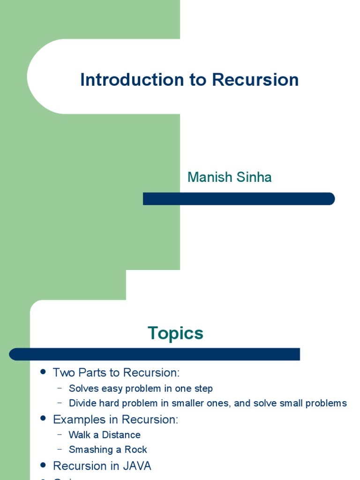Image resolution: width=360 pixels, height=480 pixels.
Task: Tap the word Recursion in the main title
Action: (x=255, y=80)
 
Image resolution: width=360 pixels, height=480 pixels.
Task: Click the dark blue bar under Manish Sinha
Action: (x=239, y=199)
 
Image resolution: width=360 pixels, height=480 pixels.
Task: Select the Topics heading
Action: (x=175, y=333)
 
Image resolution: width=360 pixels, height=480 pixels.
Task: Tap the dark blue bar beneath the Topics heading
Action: (x=155, y=354)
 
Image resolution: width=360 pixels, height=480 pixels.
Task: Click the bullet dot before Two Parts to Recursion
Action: (x=43, y=372)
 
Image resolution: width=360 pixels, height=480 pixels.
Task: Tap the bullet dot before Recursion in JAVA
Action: (x=43, y=465)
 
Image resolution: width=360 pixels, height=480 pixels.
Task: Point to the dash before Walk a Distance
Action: (x=60, y=435)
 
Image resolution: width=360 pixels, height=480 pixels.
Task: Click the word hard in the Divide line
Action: (x=108, y=403)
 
